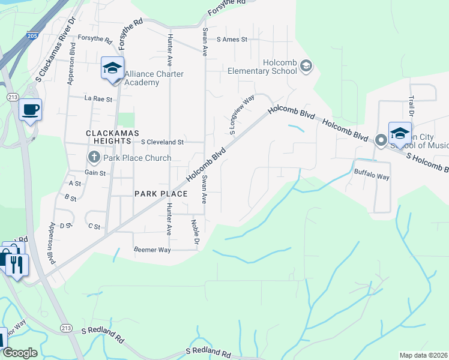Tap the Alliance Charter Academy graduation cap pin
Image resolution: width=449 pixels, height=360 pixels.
112,68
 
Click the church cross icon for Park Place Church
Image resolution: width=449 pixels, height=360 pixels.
94,158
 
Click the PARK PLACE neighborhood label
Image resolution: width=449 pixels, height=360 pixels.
161,193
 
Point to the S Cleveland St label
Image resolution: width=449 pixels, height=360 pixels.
162,142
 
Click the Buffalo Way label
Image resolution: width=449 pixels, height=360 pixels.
372,177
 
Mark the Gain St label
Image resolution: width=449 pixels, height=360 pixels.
95,173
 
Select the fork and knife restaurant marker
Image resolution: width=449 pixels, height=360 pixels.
17,262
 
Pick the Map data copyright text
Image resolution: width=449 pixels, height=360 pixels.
423,355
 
